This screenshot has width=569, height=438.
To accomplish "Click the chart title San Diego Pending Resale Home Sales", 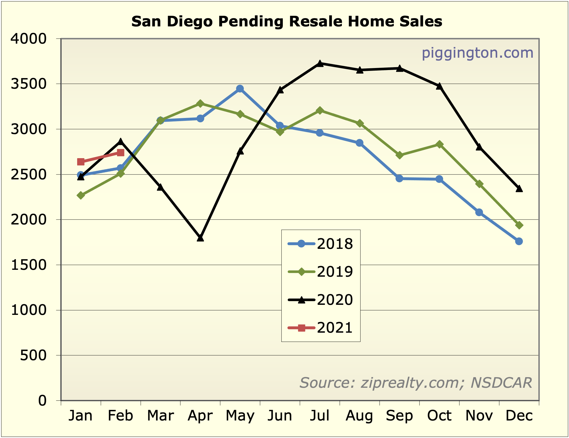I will pos(287,22).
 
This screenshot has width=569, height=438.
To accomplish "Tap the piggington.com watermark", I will pos(477,53).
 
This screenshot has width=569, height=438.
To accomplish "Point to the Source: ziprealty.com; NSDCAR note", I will pos(416,383).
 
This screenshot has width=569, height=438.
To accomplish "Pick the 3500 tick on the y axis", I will pos(28,84).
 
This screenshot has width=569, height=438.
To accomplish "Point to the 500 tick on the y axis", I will pos(33,355).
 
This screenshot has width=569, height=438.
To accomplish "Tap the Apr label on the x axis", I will pos(200,416).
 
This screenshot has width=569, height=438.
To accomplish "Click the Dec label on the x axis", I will pos(519,416).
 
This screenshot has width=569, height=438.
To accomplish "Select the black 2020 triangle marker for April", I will pos(200,238).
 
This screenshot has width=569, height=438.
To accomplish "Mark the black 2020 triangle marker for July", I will pos(320,63).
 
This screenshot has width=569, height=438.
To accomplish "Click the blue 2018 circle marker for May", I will pos(240,89).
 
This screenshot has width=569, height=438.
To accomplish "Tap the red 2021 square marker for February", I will pos(121,153).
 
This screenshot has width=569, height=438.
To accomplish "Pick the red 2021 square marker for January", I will pos(81,162).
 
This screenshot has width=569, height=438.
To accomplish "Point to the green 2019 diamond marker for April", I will pos(200,104).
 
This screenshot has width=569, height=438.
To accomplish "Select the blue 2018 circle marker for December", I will pos(519,241).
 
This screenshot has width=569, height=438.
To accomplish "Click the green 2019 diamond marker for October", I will pos(439,144).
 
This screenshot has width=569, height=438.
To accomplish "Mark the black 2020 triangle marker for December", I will pos(519,189).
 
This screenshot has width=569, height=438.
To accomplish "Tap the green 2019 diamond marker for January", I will pos(81,195).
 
